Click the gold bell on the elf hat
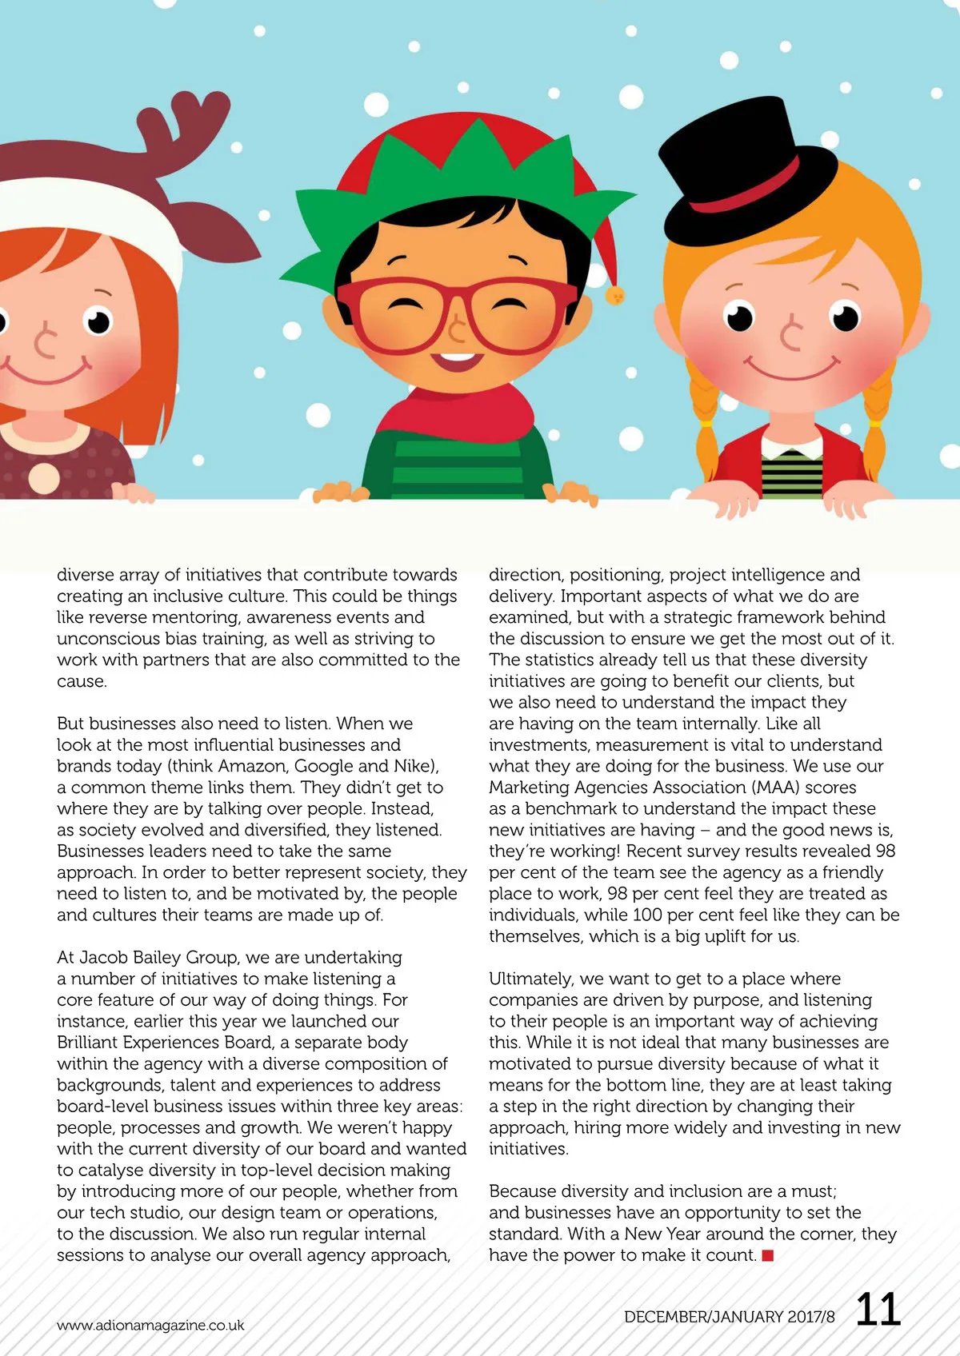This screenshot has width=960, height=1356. (x=615, y=296)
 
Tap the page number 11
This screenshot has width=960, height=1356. (x=878, y=1310)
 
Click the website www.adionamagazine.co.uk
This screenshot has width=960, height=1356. (x=150, y=1325)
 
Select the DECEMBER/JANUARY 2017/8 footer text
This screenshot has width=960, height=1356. (x=729, y=1317)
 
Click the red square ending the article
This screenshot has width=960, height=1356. (x=768, y=1255)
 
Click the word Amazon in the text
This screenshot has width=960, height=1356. (x=252, y=766)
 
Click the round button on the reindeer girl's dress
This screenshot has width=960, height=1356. (x=43, y=477)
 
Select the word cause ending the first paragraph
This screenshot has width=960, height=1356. (x=80, y=681)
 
